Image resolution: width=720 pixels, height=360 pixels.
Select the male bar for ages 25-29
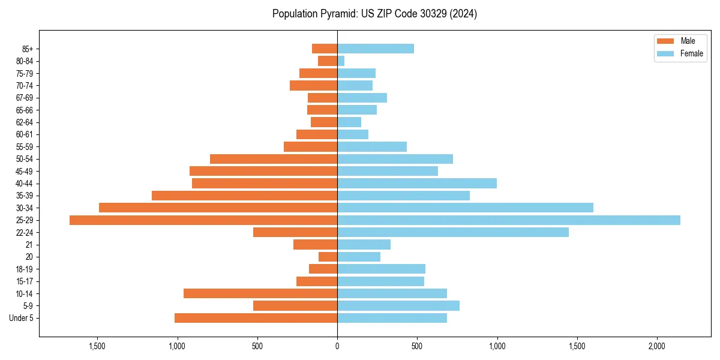click(x=203, y=220)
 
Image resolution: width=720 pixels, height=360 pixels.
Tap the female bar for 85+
click(x=376, y=49)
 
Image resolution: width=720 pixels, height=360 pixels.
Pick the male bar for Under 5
click(x=256, y=318)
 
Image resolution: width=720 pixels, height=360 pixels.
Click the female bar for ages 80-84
click(x=341, y=61)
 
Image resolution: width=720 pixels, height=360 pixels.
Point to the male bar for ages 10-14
click(x=260, y=293)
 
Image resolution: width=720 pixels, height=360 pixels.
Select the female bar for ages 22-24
click(x=453, y=232)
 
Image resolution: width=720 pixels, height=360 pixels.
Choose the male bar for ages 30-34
click(x=218, y=208)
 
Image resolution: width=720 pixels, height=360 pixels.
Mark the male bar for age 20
click(x=328, y=257)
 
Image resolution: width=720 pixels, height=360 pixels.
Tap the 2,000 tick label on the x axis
click(x=657, y=346)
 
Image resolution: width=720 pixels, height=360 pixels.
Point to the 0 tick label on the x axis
click(x=337, y=346)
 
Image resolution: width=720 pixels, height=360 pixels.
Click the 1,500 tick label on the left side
click(x=97, y=346)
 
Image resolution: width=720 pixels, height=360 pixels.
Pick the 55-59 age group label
click(x=24, y=147)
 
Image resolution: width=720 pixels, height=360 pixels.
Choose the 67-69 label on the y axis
click(x=24, y=98)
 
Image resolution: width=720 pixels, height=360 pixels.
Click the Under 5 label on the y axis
click(x=21, y=318)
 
